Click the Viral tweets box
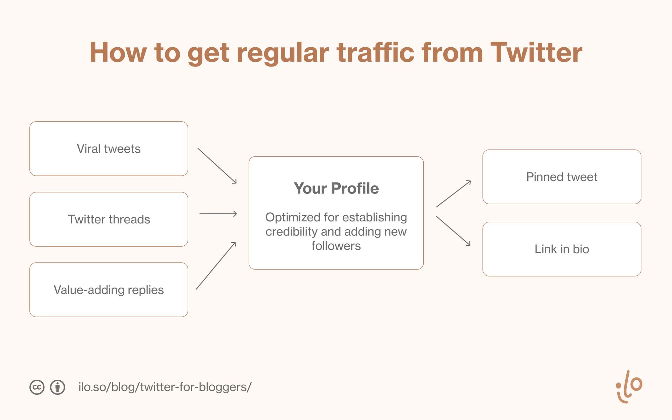click(109, 149)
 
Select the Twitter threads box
click(109, 219)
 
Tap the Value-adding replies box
click(109, 290)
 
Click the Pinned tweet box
click(562, 177)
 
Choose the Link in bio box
click(562, 249)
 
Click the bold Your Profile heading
click(336, 188)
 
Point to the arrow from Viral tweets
click(217, 166)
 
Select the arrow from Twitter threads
click(218, 214)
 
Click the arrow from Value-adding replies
click(216, 265)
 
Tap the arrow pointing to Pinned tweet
click(454, 194)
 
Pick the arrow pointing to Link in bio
click(453, 231)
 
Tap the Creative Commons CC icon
click(37, 387)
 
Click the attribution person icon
click(57, 387)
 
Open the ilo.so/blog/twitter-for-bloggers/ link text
click(165, 387)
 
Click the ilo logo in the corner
click(629, 386)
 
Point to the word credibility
click(291, 232)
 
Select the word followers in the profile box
click(336, 246)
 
